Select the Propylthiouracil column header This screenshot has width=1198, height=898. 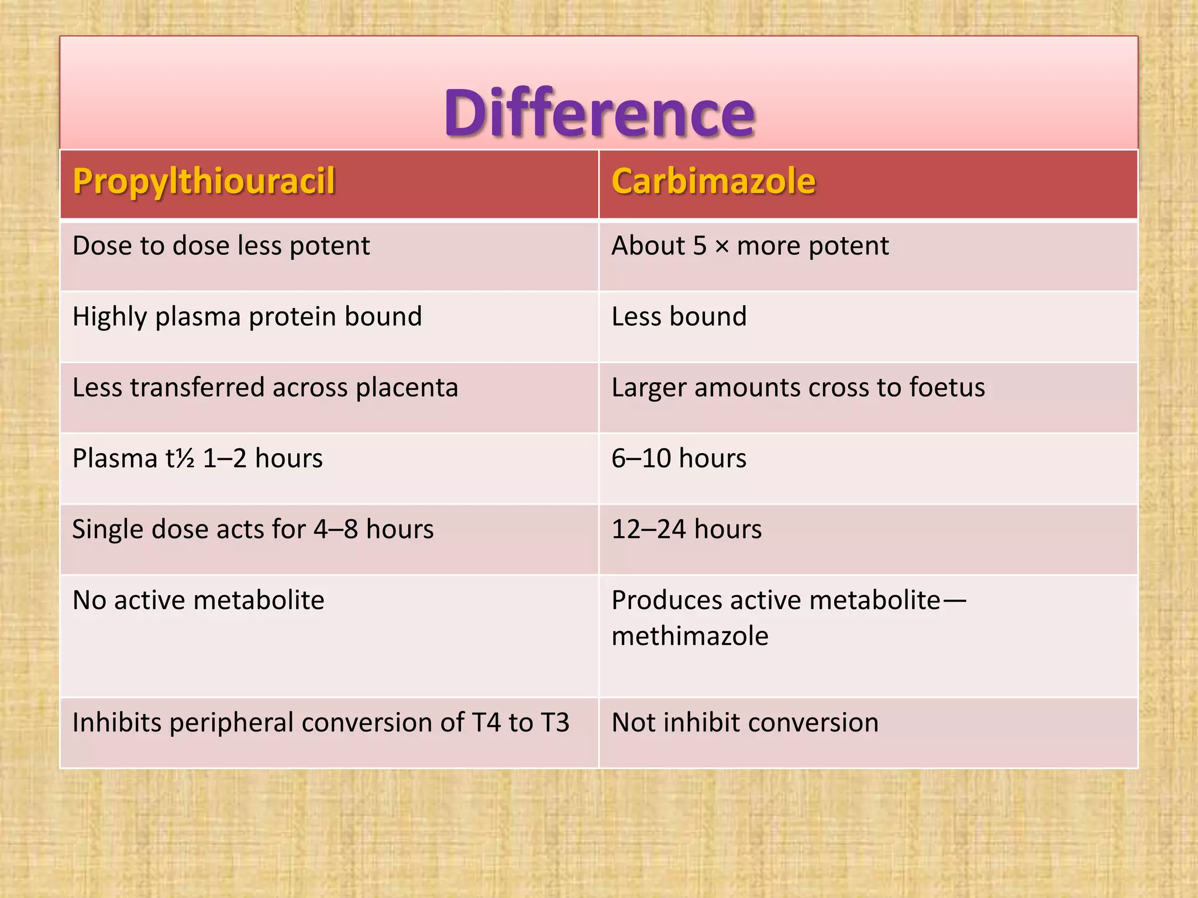point(204,181)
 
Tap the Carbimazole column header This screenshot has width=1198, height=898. point(713,181)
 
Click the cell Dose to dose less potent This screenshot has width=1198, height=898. point(221,246)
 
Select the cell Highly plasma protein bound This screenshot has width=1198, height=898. point(247,317)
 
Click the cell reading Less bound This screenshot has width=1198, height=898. point(679,317)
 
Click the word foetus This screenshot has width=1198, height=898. point(947,388)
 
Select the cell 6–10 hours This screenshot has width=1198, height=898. point(679,459)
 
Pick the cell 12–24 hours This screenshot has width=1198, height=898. point(686,530)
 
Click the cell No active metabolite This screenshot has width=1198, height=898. point(198,600)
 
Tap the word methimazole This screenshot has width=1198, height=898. point(690,637)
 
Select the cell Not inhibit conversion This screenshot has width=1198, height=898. point(745,723)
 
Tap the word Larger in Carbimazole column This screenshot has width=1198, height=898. point(648,388)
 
